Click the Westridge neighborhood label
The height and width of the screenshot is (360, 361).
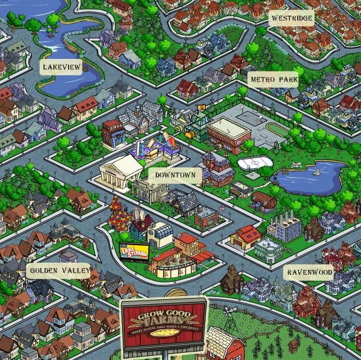point(292,19)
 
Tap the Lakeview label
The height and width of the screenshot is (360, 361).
point(61,67)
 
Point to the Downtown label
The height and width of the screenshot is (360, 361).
point(174,175)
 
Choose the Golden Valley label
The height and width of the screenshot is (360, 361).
point(58,271)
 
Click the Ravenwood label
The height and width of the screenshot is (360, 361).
point(309,272)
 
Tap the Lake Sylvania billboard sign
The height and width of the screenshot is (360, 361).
point(134,251)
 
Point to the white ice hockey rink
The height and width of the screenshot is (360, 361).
point(252,163)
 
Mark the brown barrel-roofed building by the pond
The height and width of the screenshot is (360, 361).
point(262,201)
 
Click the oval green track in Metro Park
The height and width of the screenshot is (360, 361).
point(277,129)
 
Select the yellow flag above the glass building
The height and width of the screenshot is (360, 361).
point(201,109)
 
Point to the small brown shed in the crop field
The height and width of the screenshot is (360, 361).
point(294,346)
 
